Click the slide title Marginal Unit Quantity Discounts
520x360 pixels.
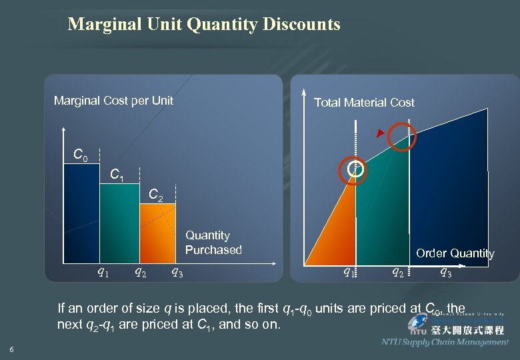(x=204, y=25)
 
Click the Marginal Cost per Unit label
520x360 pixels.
(x=113, y=101)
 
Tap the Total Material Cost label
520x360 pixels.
(x=364, y=103)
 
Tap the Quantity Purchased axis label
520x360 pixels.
(x=213, y=243)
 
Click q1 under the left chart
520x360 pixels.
(x=103, y=271)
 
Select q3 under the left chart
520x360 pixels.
(x=178, y=271)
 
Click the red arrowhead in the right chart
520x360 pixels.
(x=380, y=135)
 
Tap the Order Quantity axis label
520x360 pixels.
(x=455, y=253)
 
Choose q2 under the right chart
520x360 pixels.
(x=397, y=271)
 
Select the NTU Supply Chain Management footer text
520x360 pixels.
(x=445, y=342)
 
